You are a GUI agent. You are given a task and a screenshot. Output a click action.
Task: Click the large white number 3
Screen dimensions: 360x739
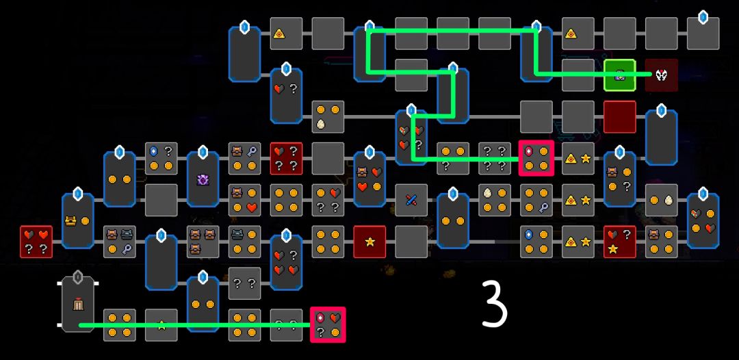(495, 303)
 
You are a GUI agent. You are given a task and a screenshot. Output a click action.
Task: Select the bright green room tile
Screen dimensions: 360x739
(620, 75)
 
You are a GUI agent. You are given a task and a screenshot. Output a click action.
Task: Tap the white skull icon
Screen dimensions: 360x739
(661, 75)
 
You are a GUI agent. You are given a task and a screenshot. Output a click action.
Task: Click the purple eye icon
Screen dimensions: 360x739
(203, 180)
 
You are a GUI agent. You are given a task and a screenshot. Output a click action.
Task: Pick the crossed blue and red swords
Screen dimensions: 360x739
(411, 200)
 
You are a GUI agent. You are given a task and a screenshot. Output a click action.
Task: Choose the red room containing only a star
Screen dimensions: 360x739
(369, 242)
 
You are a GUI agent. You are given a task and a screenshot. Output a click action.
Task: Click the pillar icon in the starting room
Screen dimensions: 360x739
(77, 304)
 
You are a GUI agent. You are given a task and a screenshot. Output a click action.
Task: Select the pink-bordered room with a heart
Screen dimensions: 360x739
(328, 324)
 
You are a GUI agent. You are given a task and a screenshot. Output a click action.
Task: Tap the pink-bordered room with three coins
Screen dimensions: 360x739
(536, 158)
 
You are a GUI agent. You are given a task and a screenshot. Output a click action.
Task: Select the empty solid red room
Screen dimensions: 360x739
(620, 117)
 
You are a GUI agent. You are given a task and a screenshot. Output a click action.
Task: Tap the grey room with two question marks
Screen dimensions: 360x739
(245, 283)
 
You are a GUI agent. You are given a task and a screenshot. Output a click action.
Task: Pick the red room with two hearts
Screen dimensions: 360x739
(36, 242)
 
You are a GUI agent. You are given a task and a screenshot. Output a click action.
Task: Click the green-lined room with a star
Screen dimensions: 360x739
(161, 324)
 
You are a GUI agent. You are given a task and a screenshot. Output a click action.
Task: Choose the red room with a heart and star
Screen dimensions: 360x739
(620, 242)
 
